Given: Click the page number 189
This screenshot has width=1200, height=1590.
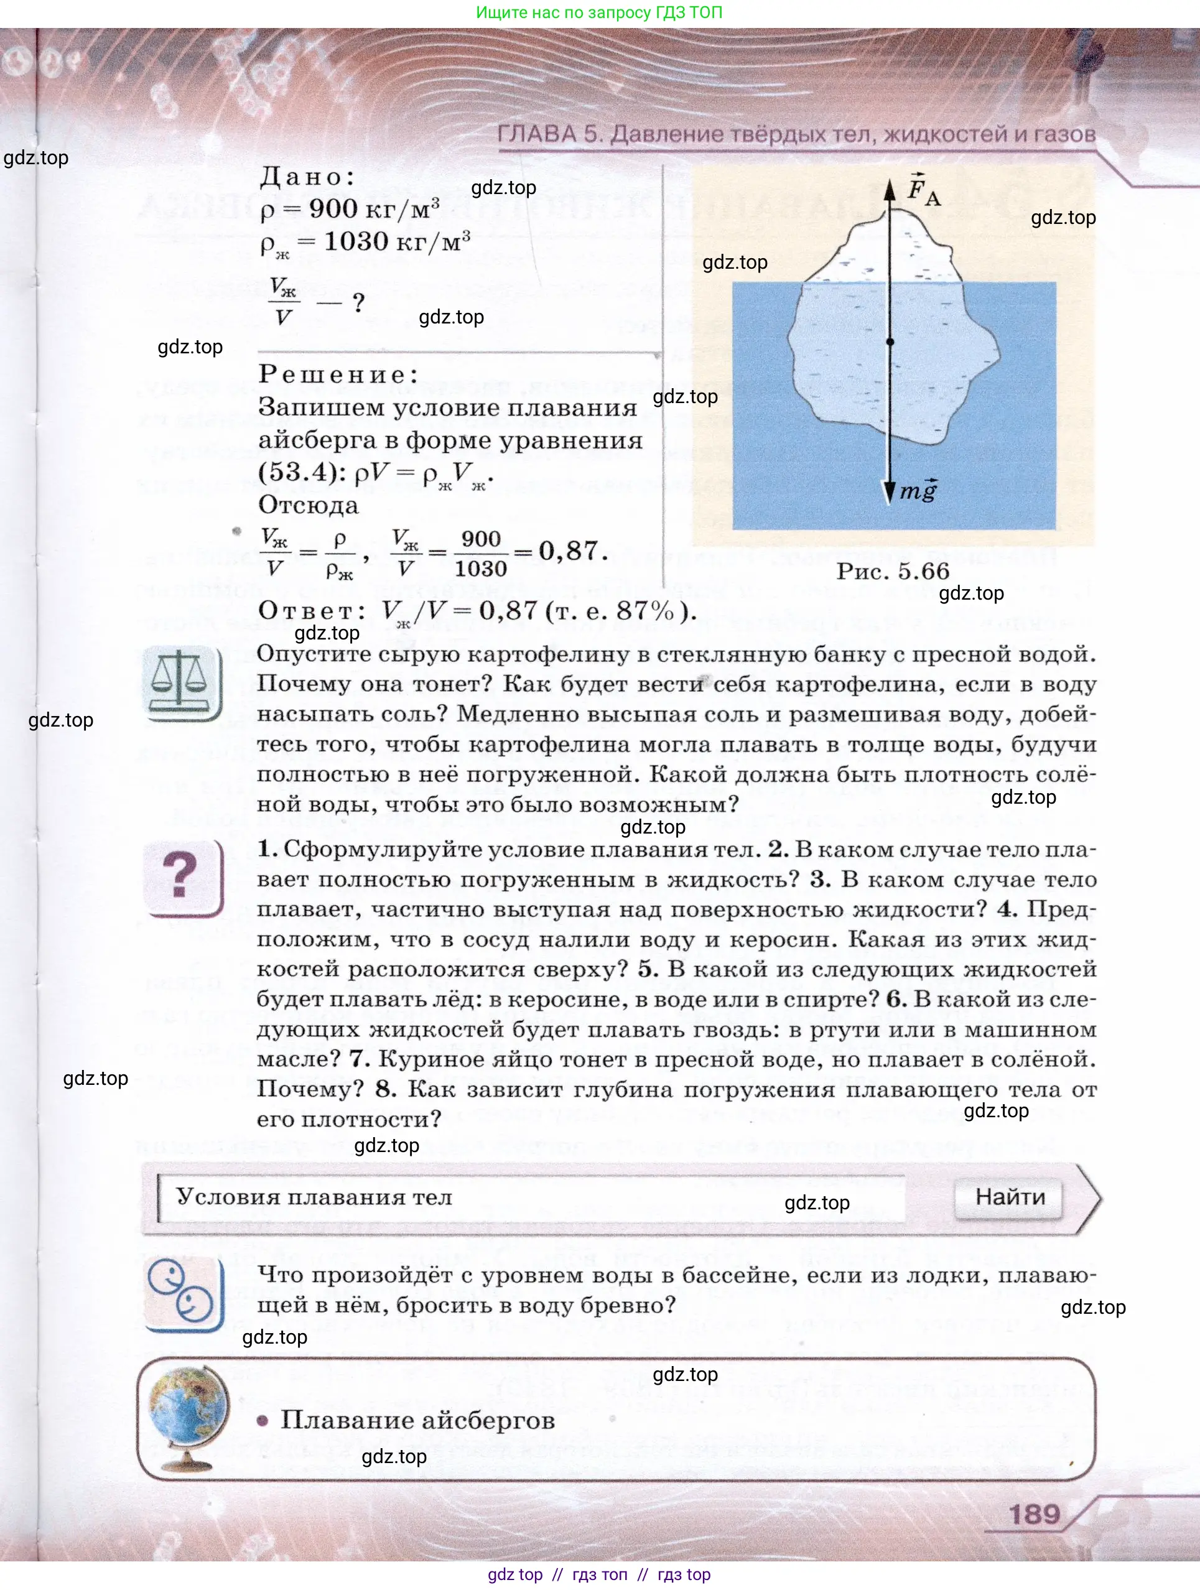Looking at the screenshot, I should coord(1035,1515).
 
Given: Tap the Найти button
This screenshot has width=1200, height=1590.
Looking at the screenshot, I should coord(1010,1197).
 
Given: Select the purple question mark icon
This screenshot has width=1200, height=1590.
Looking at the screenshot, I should coord(182,876).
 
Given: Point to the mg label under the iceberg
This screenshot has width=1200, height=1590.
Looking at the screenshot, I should coord(919,491).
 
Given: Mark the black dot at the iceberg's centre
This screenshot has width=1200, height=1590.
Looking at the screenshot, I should coord(890,342).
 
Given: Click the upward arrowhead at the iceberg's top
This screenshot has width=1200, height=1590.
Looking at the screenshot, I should coord(890,189).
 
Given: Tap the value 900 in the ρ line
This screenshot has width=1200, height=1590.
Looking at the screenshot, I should coord(333,209).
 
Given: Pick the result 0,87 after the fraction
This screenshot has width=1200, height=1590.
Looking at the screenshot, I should coord(567,551).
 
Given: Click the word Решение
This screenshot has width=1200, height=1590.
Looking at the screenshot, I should coord(337,374).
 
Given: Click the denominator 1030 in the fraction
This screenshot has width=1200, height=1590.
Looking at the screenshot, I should coord(481,569).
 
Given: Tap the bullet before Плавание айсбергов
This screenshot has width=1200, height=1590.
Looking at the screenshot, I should coord(263,1420).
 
